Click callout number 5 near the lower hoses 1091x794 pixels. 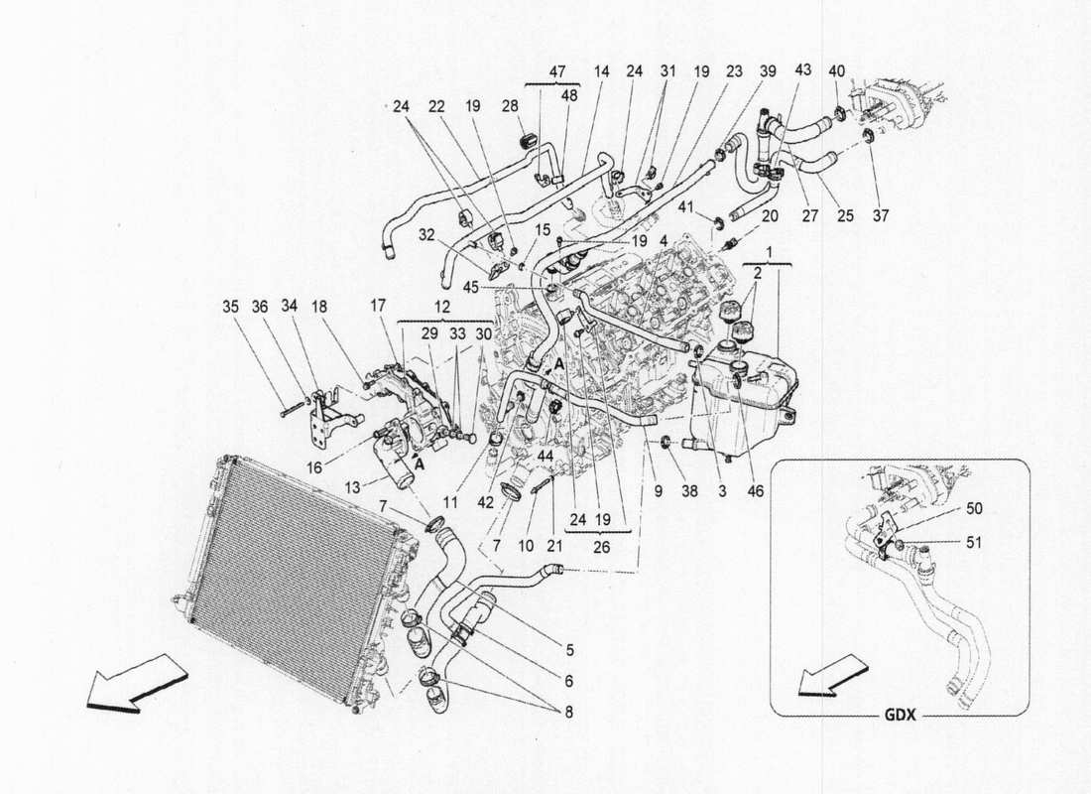pos(570,651)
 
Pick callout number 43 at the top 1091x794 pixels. pos(802,71)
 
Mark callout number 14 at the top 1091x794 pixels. pos(601,71)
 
